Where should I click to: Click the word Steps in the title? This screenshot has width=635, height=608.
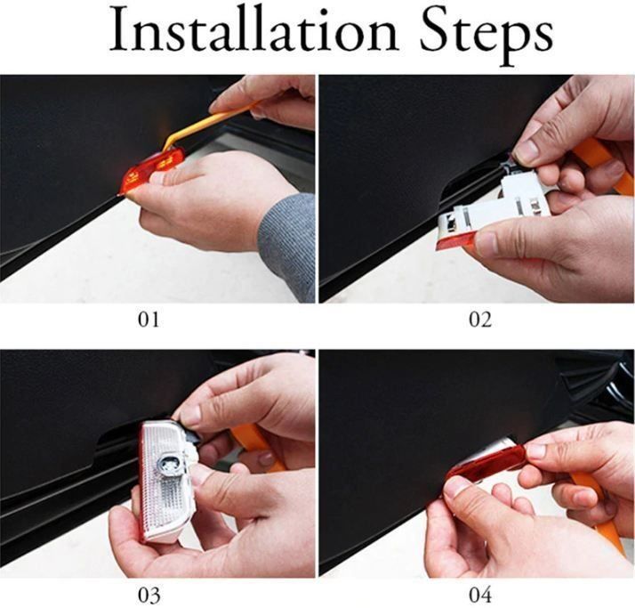(x=486, y=36)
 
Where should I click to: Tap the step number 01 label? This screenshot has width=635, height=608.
(x=149, y=320)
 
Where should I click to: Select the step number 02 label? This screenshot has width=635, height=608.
(x=480, y=320)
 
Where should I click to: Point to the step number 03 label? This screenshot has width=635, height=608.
(x=149, y=596)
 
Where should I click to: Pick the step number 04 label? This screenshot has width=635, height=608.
(x=480, y=596)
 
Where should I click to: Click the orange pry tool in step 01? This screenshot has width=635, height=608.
(x=211, y=122)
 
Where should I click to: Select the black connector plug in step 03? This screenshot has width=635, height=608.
(x=189, y=433)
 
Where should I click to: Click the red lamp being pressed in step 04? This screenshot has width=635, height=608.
(x=486, y=466)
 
